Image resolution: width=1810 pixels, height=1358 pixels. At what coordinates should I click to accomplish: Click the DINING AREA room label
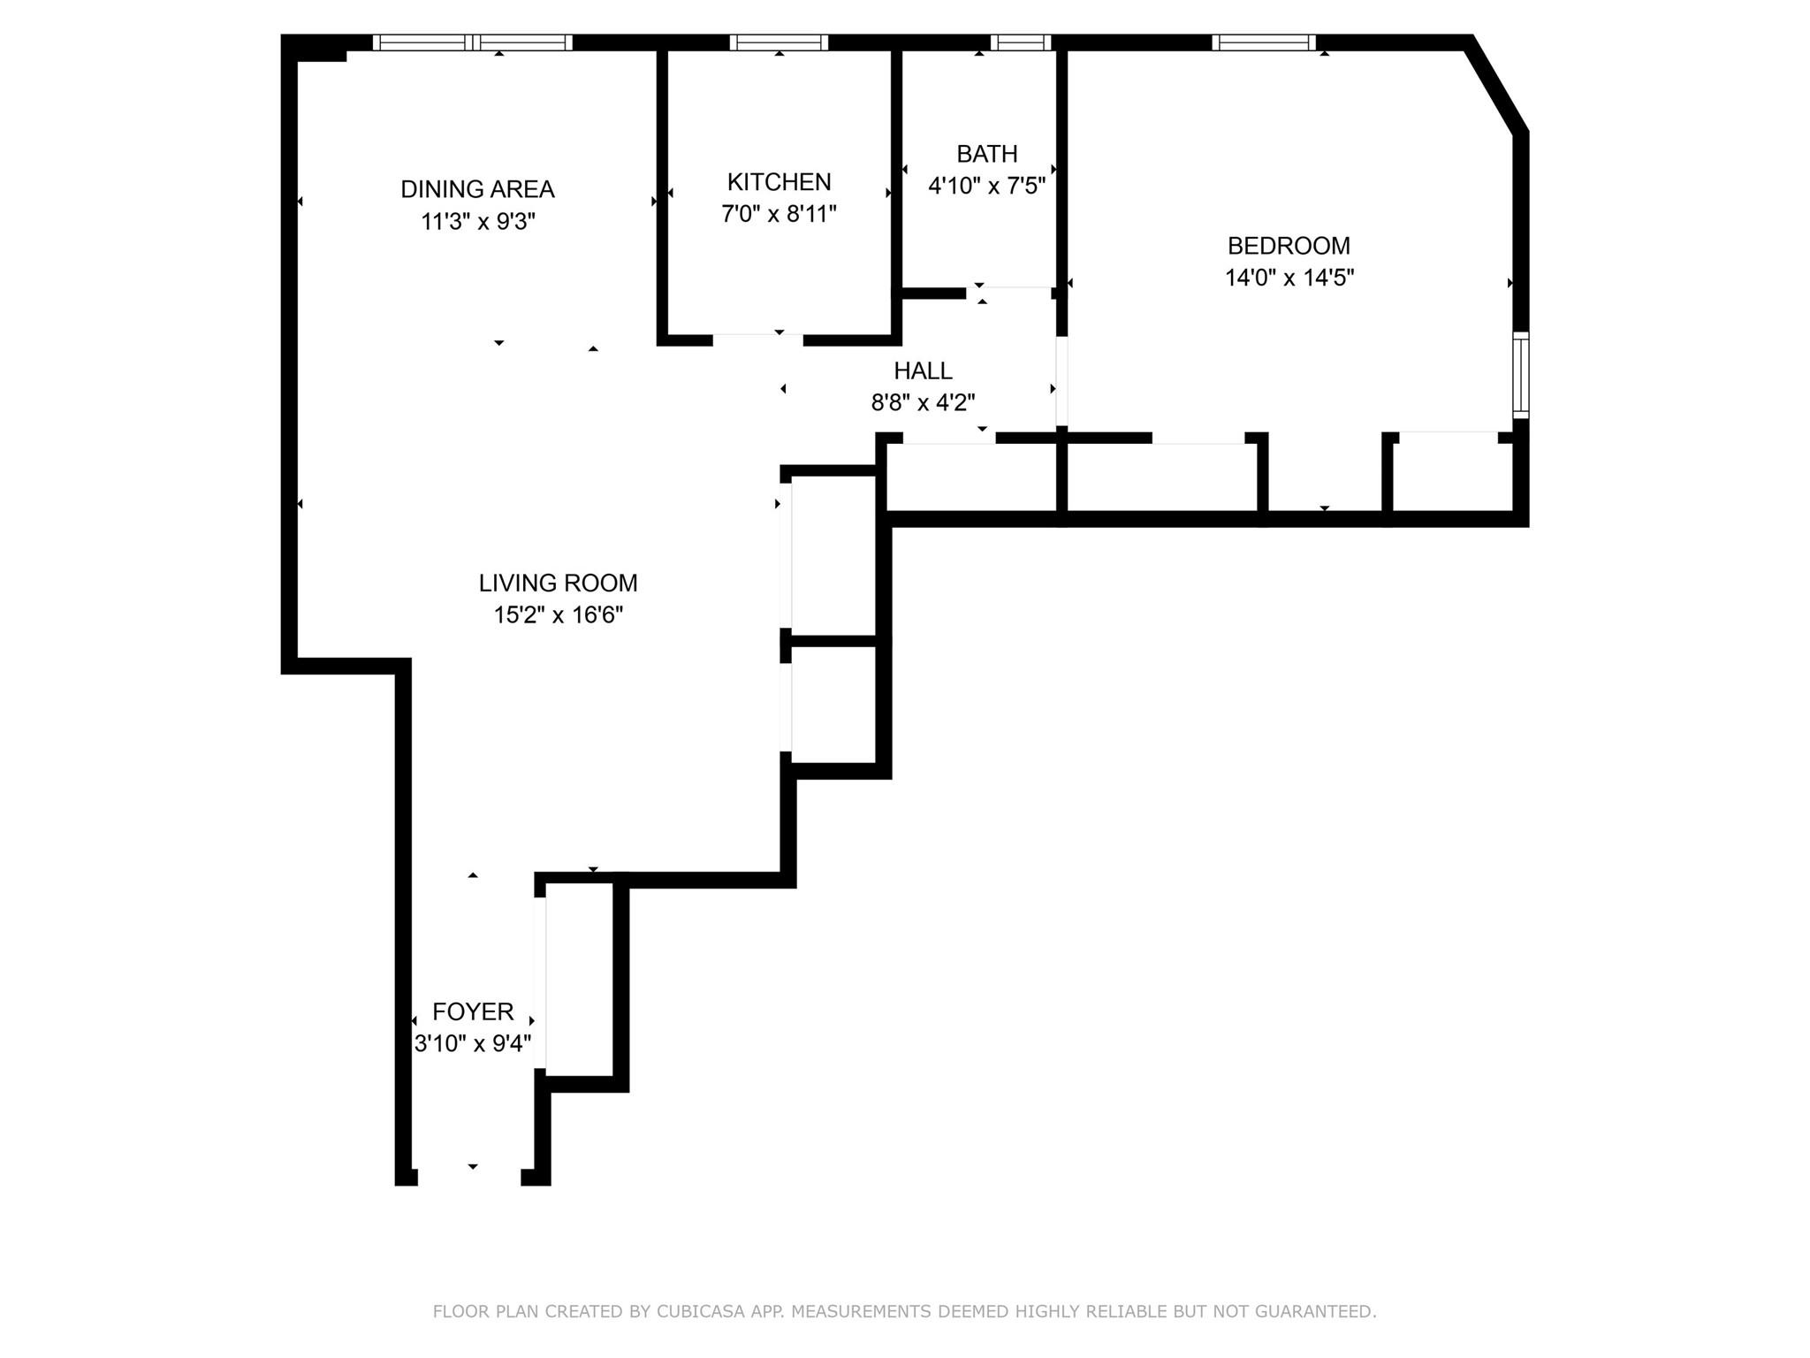click(x=477, y=189)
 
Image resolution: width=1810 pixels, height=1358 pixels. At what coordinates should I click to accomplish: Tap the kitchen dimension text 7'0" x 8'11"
click(x=779, y=214)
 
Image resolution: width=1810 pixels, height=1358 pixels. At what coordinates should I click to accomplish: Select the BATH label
click(x=986, y=154)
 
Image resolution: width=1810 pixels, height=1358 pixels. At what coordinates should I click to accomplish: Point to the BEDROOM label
click(x=1289, y=246)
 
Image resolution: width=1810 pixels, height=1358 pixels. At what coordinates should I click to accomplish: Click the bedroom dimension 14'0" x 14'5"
click(x=1289, y=278)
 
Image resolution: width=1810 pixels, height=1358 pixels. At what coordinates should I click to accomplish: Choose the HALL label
click(x=923, y=370)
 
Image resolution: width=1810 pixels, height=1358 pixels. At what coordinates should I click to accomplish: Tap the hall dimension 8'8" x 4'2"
click(x=923, y=403)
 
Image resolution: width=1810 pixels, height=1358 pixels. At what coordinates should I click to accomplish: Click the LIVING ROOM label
click(x=558, y=583)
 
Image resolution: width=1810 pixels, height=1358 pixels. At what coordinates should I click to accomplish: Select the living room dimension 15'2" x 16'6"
click(x=558, y=614)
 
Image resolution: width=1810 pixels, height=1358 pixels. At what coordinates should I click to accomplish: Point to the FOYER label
click(x=473, y=1011)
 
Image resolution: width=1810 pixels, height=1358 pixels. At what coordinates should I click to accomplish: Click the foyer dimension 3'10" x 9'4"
click(x=473, y=1043)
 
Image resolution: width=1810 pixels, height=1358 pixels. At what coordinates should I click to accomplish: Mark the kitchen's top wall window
click(x=779, y=42)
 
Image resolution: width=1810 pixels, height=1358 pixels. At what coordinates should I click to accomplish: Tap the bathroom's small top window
click(x=1021, y=42)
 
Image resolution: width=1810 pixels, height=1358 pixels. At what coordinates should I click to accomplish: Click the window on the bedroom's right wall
click(x=1520, y=375)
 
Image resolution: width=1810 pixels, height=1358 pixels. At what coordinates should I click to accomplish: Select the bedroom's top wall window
click(x=1264, y=42)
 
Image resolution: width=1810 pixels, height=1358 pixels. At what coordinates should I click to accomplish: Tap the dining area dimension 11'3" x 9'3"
click(x=477, y=221)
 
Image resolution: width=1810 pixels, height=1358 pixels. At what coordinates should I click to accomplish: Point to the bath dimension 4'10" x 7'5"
click(x=986, y=186)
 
